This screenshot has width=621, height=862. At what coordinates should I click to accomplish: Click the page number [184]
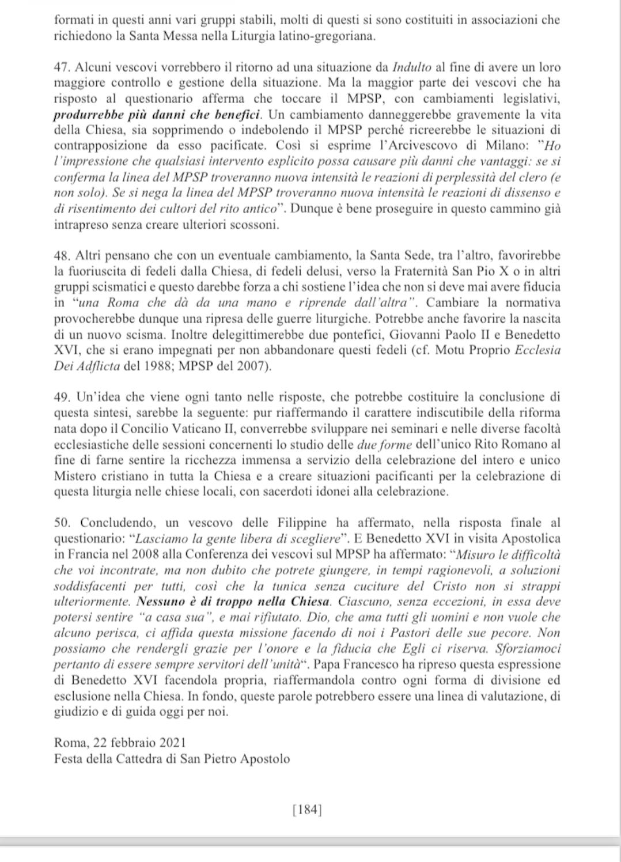click(308, 810)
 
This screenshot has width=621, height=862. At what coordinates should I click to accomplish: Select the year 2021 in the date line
click(173, 743)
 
